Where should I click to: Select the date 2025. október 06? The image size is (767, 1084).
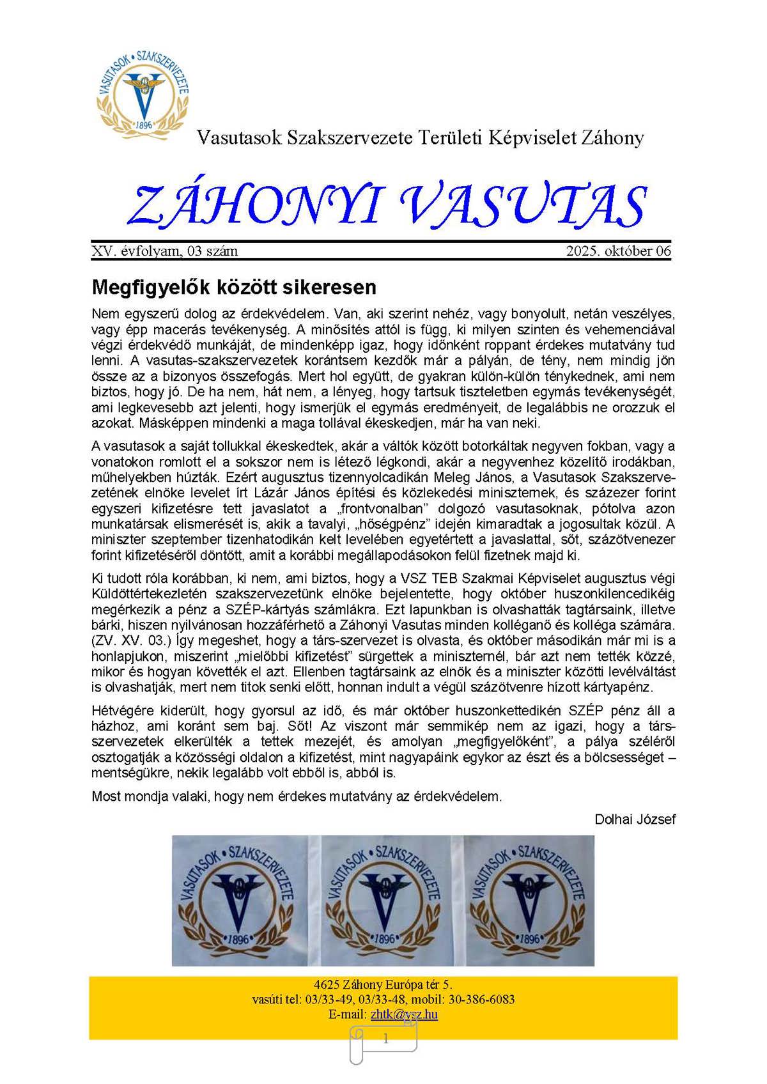tap(618, 251)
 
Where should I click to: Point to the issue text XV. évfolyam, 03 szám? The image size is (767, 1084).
tap(165, 251)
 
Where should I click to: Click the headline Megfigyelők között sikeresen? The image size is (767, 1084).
tap(234, 287)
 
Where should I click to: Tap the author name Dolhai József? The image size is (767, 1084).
tap(635, 819)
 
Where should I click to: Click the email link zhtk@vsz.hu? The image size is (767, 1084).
tap(404, 1014)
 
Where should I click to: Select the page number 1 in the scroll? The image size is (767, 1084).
tap(385, 1039)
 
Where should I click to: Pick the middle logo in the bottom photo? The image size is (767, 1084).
tap(383, 900)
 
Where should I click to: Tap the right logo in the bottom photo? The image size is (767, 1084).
tap(529, 900)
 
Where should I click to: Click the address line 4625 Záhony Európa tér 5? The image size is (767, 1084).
tap(383, 985)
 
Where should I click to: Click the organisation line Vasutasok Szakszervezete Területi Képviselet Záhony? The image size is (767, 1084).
tap(420, 138)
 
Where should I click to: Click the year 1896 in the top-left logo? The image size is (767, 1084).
tap(144, 125)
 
